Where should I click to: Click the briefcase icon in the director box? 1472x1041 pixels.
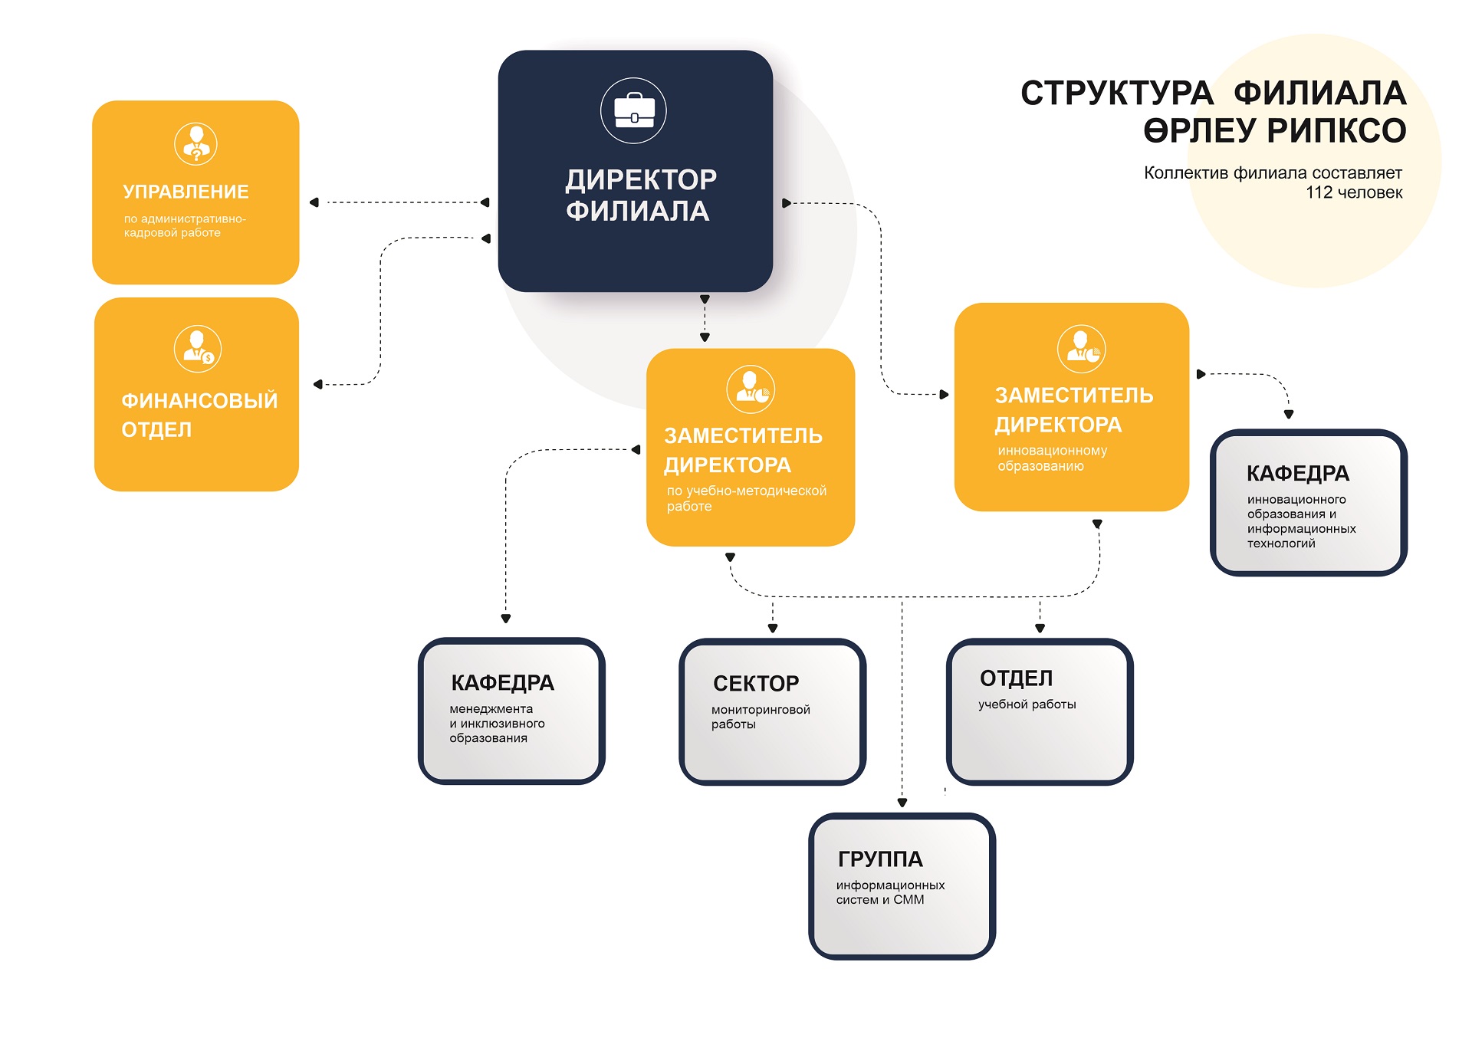point(634,110)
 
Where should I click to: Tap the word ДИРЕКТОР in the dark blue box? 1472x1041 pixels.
point(641,179)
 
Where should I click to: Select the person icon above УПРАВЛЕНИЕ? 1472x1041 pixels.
point(196,143)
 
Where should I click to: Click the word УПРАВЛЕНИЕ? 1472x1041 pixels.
point(186,192)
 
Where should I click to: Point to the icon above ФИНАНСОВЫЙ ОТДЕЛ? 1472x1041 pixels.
point(198,349)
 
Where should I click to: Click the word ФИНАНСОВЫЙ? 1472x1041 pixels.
point(199,400)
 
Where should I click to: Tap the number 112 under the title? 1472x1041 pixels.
point(1319,192)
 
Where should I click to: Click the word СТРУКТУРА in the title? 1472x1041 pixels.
point(1117,94)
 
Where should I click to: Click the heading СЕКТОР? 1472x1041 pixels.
point(756,683)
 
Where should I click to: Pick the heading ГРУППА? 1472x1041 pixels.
point(880,859)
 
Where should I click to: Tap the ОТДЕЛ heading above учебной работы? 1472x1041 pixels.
point(1017,678)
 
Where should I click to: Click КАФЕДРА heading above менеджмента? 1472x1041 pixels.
point(502,682)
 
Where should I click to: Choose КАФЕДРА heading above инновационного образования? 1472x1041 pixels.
point(1298,473)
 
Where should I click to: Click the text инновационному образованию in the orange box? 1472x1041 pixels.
point(1053,458)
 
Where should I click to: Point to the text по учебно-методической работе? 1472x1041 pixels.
point(747,498)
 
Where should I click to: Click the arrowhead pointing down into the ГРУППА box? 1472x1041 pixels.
point(902,803)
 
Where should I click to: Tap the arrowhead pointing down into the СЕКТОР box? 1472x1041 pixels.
point(773,629)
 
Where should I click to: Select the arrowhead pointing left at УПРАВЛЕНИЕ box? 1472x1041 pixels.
point(314,202)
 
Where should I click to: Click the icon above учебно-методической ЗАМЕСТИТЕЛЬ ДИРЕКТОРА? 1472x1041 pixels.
point(751,389)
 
